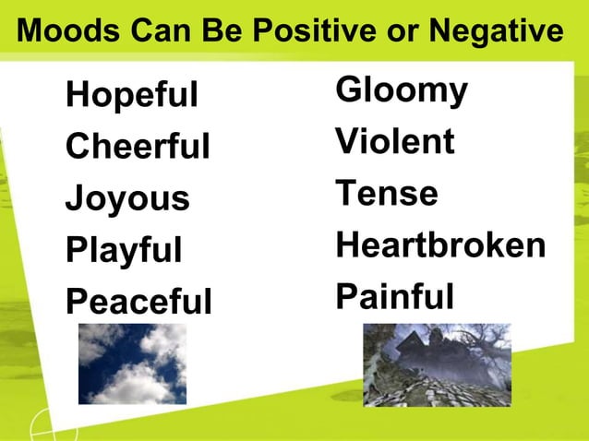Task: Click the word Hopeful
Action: click(x=131, y=95)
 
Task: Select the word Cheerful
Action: click(x=138, y=147)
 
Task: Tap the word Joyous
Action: click(x=126, y=198)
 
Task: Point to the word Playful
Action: click(x=124, y=250)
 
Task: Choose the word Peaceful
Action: click(x=138, y=302)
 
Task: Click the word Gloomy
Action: click(x=402, y=91)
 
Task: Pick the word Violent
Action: click(x=395, y=142)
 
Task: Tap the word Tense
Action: click(x=387, y=194)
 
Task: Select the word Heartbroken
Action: click(x=440, y=245)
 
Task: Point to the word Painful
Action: click(x=395, y=297)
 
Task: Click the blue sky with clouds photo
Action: click(x=132, y=364)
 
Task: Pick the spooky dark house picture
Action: click(x=437, y=364)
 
